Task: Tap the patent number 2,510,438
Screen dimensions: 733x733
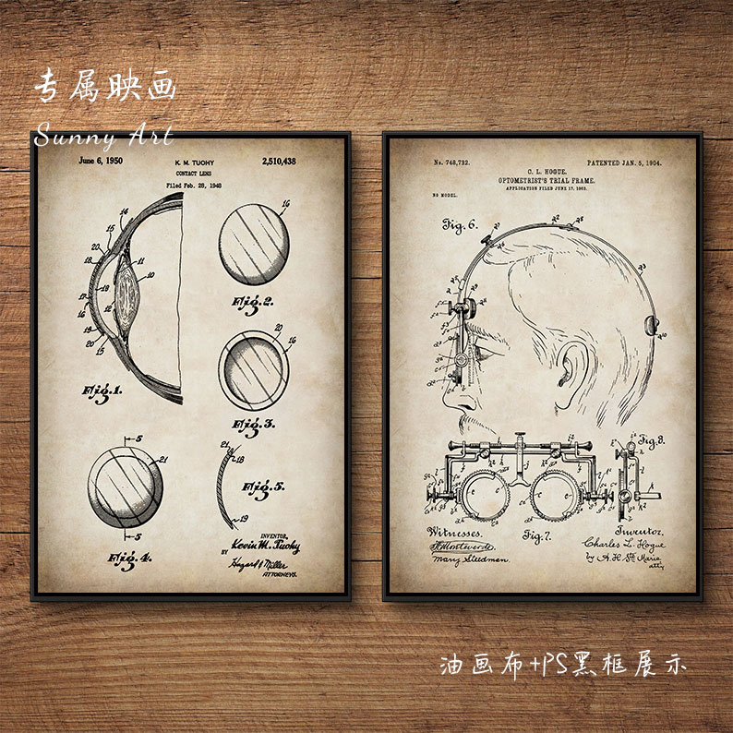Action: pos(278,161)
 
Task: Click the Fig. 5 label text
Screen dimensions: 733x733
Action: pos(263,488)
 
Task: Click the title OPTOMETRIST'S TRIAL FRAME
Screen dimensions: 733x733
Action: pos(547,181)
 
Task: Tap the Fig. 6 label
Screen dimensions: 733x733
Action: pos(459,223)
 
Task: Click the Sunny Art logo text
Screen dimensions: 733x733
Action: pos(103,138)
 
